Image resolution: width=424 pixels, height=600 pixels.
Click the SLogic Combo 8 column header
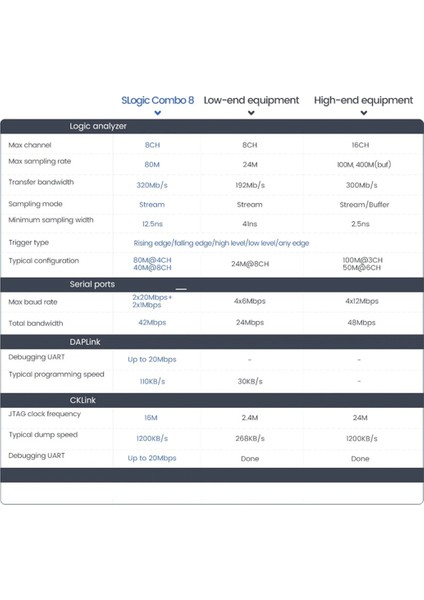click(x=158, y=100)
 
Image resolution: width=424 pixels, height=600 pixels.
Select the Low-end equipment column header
click(x=251, y=100)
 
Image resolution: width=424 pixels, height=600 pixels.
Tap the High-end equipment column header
click(x=363, y=100)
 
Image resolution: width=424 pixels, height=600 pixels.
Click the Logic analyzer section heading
click(x=98, y=126)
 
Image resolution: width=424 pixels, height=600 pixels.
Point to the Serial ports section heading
click(x=93, y=285)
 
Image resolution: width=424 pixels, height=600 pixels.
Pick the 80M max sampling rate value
click(x=152, y=165)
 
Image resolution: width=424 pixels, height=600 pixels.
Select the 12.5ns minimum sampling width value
click(x=152, y=223)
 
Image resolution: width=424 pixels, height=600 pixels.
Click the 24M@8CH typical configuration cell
click(x=250, y=265)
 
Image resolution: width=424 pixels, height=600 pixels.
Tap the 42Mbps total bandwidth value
click(x=152, y=323)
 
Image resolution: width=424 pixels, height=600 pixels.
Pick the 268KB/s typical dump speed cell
click(x=250, y=438)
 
